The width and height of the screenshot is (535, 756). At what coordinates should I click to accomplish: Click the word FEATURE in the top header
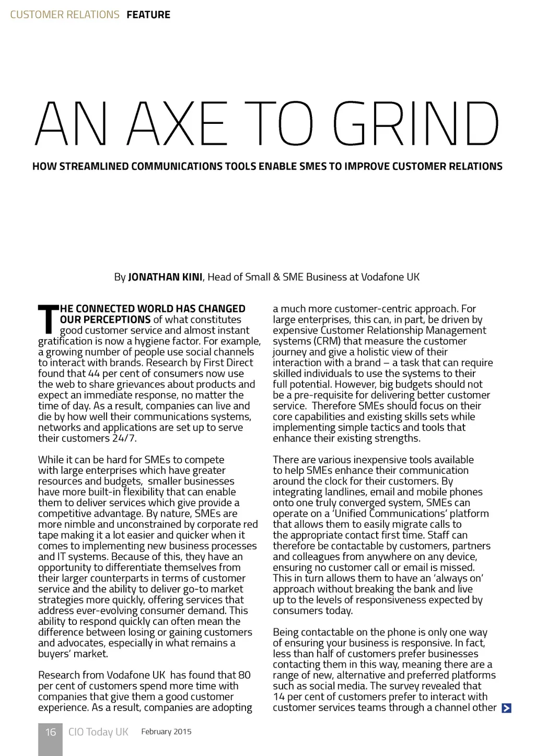(x=148, y=15)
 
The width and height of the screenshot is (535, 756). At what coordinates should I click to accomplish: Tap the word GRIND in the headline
(x=416, y=124)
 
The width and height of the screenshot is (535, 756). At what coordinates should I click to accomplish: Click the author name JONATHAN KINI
(x=165, y=277)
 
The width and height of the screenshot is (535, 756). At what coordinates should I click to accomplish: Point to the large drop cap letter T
(x=47, y=319)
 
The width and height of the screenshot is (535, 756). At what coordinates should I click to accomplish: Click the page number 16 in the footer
(x=50, y=732)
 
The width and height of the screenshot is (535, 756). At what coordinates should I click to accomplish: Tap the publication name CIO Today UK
(x=98, y=732)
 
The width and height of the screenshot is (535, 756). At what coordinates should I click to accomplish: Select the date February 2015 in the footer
(x=166, y=731)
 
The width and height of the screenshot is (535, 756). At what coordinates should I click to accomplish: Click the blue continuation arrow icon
(x=506, y=708)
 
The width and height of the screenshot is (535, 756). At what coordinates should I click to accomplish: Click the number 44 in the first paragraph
(x=94, y=374)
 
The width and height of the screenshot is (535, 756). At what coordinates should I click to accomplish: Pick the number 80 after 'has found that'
(x=244, y=675)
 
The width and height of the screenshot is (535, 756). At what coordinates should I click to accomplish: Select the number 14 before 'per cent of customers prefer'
(x=278, y=696)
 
